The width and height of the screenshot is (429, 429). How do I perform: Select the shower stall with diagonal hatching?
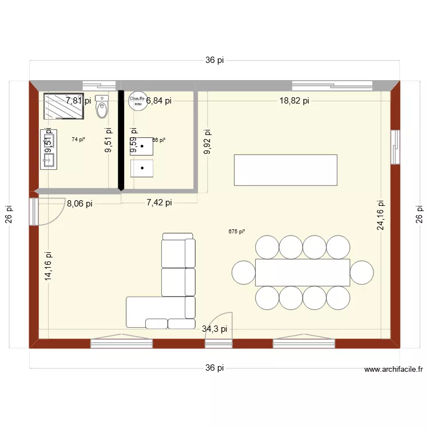pyautogui.click(x=63, y=106)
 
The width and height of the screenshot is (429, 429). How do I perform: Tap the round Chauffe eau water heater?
pyautogui.click(x=137, y=100)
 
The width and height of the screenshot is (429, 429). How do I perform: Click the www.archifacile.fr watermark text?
pyautogui.click(x=393, y=370)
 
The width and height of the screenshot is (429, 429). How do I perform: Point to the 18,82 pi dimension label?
pyautogui.click(x=294, y=101)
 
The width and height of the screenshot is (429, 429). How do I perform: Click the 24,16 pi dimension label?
pyautogui.click(x=380, y=214)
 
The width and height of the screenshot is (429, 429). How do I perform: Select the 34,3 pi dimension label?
pyautogui.click(x=214, y=329)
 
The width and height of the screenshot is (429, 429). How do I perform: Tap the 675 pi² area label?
pyautogui.click(x=236, y=232)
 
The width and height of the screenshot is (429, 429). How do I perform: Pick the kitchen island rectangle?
pyautogui.click(x=285, y=169)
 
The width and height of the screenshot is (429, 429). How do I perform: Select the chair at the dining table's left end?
pyautogui.click(x=244, y=272)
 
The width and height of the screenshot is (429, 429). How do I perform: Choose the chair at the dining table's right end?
pyautogui.click(x=362, y=272)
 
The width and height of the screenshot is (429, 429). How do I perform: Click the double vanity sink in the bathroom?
pyautogui.click(x=48, y=149)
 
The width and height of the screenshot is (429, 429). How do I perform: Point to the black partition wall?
pyautogui.click(x=121, y=140)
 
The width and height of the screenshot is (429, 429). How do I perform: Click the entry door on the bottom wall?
pyautogui.click(x=219, y=332)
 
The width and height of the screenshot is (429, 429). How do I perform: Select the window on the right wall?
pyautogui.click(x=394, y=147)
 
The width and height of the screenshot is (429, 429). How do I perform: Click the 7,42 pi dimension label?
pyautogui.click(x=159, y=202)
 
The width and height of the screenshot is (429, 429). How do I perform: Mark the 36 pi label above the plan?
pyautogui.click(x=214, y=61)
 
